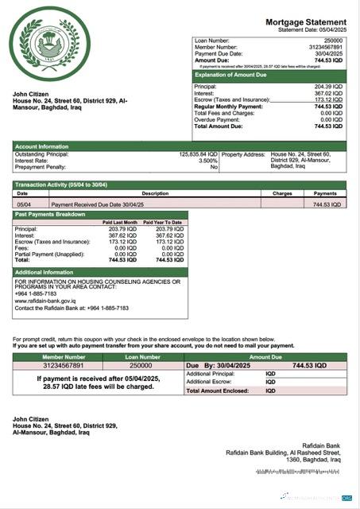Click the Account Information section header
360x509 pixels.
click(41, 147)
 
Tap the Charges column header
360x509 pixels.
click(282, 193)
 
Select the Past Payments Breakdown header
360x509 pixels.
click(49, 214)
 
